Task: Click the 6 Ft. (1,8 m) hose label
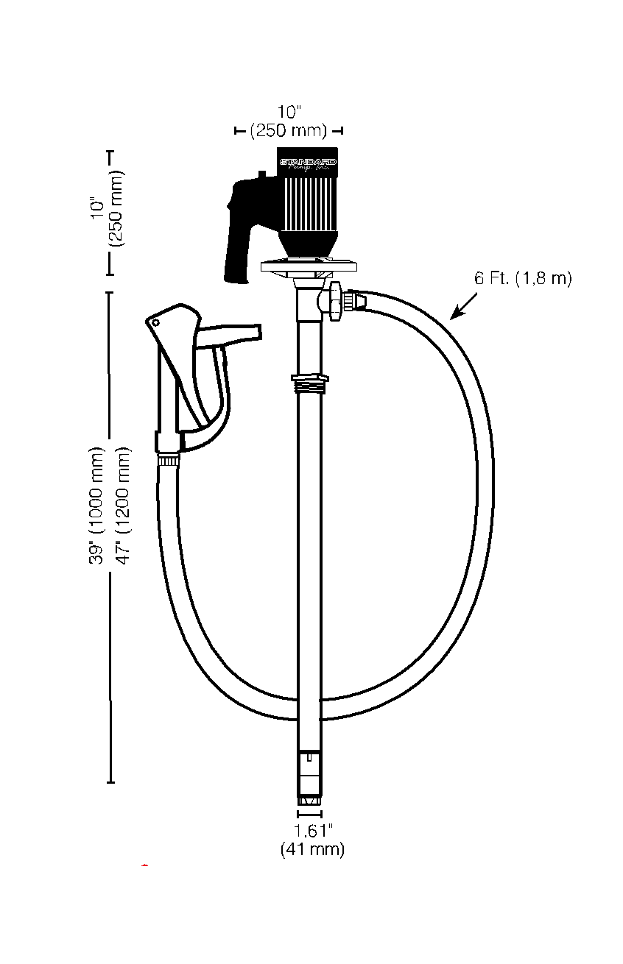(523, 279)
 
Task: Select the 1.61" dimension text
(313, 831)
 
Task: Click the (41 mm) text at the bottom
(312, 849)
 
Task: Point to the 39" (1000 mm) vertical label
(98, 506)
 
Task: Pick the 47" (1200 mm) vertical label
(124, 506)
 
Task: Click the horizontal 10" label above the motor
(290, 112)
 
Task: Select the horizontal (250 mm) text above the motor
(289, 131)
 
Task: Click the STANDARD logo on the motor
(307, 160)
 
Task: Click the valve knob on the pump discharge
(335, 301)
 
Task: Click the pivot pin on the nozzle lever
(155, 322)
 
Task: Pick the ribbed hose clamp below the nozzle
(169, 461)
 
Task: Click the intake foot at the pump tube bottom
(309, 799)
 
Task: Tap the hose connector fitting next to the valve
(357, 301)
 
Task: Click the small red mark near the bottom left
(145, 866)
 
